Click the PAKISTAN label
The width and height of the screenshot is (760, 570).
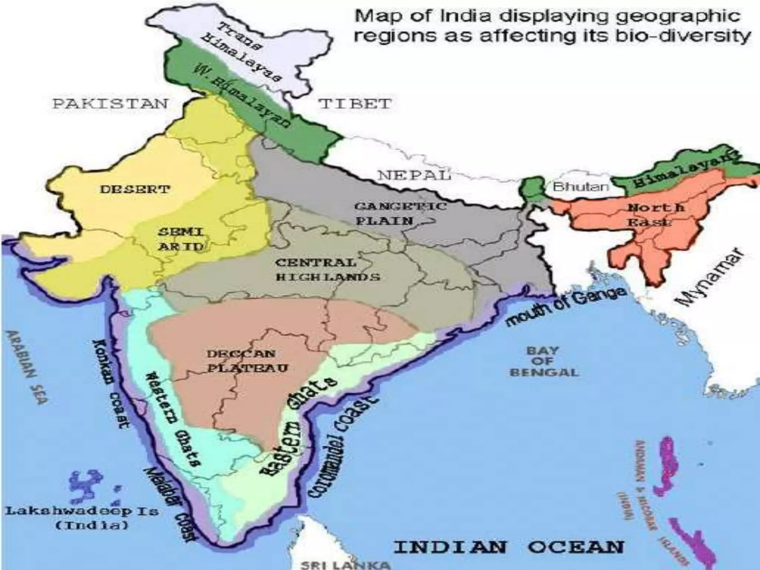(110, 104)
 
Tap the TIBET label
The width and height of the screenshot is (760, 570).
(355, 104)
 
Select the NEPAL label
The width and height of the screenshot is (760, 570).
(414, 175)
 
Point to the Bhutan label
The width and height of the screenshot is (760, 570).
(581, 186)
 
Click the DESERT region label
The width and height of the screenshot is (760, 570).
(135, 190)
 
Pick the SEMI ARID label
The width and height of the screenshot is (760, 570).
(181, 239)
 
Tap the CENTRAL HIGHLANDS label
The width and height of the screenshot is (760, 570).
(328, 270)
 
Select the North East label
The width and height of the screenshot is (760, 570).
(655, 214)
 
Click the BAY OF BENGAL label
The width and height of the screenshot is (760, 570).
(544, 361)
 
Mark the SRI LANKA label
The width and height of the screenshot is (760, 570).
(345, 565)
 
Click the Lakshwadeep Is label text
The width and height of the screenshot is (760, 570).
(81, 518)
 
